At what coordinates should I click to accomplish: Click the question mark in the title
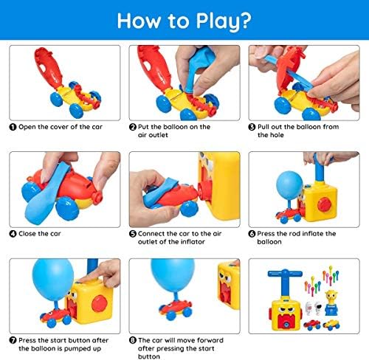coord(245,21)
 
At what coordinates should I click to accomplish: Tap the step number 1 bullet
coord(13,127)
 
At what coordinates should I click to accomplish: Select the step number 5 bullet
coord(133,234)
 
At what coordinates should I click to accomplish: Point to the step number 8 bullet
coord(133,340)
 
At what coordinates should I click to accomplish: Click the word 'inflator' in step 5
coord(193,242)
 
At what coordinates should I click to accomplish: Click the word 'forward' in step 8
coord(210,340)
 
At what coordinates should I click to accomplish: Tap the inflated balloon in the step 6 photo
coord(289,185)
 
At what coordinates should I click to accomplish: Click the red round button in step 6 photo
coord(325,204)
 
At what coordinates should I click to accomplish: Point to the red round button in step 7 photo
coord(100,303)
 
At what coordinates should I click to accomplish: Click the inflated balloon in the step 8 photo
coord(173,274)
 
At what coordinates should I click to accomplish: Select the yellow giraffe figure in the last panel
coord(331,302)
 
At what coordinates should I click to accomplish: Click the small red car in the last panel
coord(312,325)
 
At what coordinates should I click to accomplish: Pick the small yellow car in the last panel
coord(331,324)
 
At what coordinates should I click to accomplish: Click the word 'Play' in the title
coord(217,21)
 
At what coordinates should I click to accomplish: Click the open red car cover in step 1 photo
coord(49,67)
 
